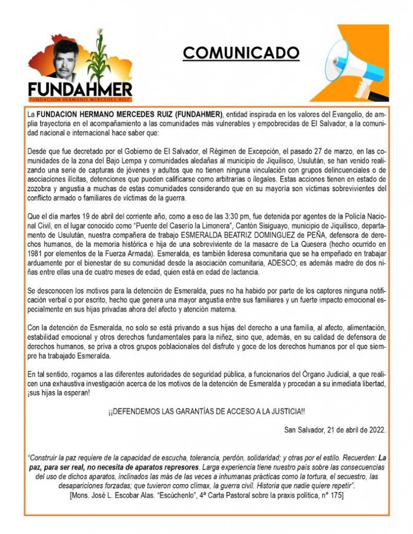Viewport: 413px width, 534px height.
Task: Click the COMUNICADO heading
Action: coord(241,53)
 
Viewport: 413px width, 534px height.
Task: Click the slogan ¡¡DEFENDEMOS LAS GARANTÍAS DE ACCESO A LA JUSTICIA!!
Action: coord(207,411)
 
